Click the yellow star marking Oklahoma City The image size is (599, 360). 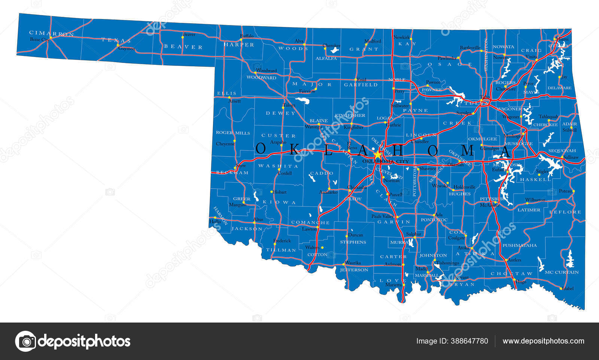pos(377,154)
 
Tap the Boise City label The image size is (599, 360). pos(39,39)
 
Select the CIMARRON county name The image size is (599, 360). pos(51,33)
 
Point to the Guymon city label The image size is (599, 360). pos(127,49)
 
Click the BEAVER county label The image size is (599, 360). pos(183,47)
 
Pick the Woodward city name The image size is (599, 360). pos(267,70)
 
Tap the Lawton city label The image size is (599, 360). pos(309,229)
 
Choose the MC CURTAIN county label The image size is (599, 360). pos(562,272)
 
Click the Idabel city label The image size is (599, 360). pos(568,288)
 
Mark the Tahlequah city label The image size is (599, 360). pos(548,117)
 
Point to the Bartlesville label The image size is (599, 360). pos(470,48)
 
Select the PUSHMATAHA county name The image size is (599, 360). pos(519,245)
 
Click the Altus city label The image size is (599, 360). pos(258,219)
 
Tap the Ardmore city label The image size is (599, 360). pos(393,264)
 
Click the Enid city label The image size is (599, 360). pos(361,79)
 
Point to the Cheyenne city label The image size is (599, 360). pos(225,144)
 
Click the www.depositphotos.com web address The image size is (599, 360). pos(543,341)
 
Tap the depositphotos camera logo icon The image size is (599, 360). pos(25,341)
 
